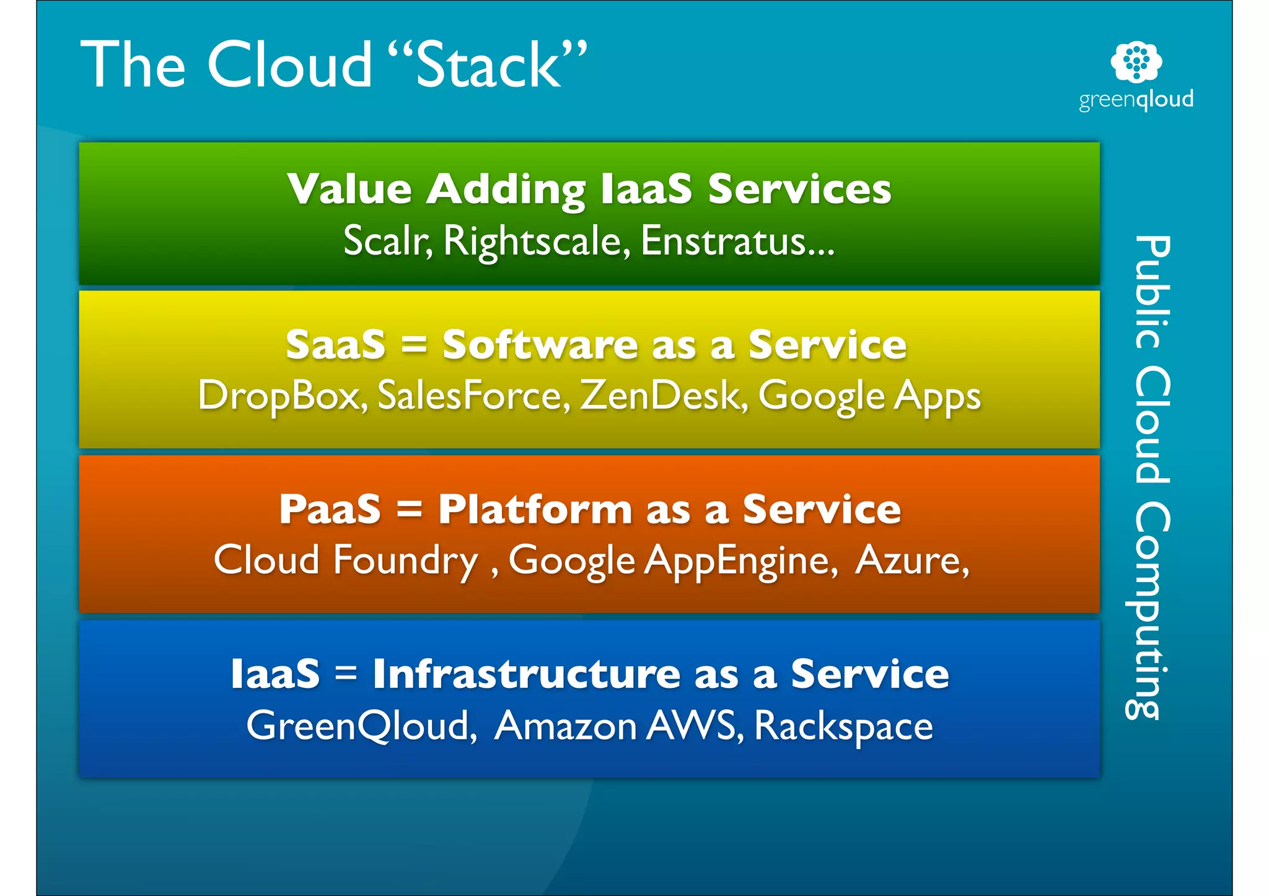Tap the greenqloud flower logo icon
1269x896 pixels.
[x=1136, y=61]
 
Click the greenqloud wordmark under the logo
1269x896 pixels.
[x=1136, y=100]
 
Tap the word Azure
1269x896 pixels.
[x=911, y=560]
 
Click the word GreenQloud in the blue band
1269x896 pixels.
[x=361, y=725]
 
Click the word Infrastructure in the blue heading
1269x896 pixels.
[x=527, y=674]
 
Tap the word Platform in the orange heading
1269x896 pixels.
[x=535, y=509]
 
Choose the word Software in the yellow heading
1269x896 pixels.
[x=540, y=344]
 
